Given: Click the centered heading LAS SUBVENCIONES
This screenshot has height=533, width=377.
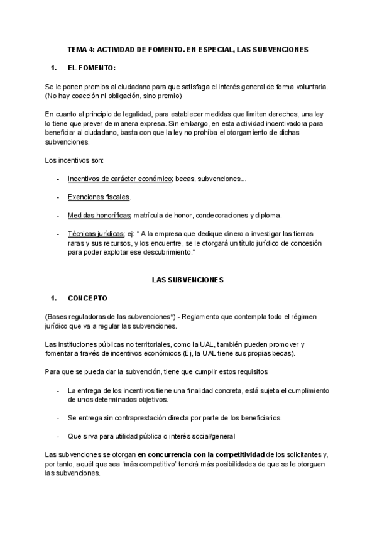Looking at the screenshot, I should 188,279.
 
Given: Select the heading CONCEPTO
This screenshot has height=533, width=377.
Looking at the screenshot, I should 87,297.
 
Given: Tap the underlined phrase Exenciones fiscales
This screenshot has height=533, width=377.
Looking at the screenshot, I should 99,197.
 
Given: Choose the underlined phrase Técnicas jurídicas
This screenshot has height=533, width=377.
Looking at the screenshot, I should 96,233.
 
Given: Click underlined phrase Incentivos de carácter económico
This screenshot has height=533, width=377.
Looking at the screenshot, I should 120,179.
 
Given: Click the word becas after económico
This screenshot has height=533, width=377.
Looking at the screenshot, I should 185,179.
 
